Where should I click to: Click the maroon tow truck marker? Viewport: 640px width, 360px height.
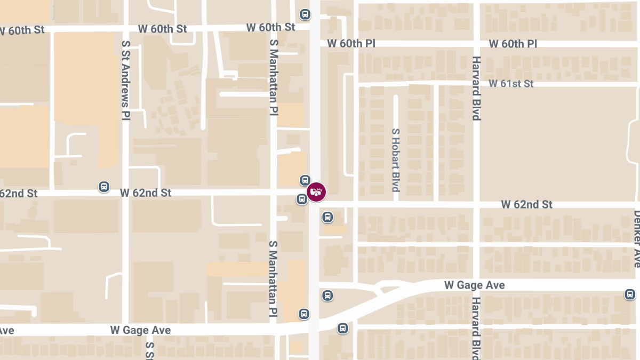[316, 192]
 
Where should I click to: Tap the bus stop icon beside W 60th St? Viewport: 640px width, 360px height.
[305, 14]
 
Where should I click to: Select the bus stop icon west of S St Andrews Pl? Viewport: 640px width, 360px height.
[104, 187]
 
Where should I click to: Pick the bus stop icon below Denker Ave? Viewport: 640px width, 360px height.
[630, 294]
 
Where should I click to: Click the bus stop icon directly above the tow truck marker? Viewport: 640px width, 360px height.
[305, 180]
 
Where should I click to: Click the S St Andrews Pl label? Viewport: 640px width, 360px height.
[126, 80]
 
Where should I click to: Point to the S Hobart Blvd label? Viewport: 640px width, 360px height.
[396, 160]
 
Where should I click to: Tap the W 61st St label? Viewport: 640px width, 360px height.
[511, 84]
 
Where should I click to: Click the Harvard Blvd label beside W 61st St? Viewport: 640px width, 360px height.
[476, 88]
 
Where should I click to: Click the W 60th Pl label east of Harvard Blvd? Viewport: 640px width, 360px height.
[513, 44]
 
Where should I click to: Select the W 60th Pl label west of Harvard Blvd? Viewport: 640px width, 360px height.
[351, 44]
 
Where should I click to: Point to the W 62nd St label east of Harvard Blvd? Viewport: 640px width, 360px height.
[527, 204]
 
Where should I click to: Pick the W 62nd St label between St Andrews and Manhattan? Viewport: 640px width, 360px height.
[146, 193]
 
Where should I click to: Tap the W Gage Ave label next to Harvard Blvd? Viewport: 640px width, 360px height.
[474, 285]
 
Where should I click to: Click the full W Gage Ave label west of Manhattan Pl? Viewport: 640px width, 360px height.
[141, 330]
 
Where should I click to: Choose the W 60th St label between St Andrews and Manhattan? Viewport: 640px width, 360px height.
[163, 29]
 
